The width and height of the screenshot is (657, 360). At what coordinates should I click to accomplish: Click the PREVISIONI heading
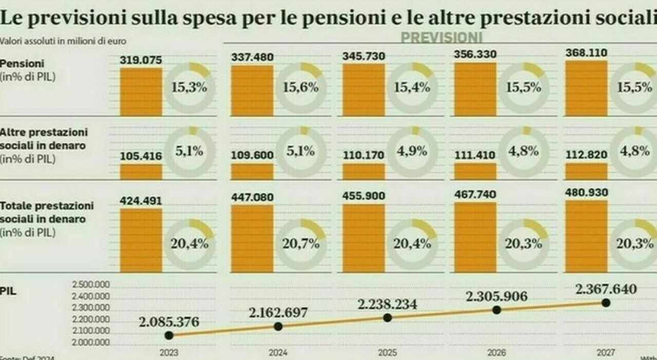tap(441, 38)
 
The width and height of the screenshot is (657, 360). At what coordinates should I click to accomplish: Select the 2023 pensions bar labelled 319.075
tap(141, 91)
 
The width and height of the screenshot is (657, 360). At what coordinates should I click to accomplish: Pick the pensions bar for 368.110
tap(586, 88)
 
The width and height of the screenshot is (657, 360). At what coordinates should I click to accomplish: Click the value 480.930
tap(586, 193)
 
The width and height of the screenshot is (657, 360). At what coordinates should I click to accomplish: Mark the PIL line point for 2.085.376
tap(169, 335)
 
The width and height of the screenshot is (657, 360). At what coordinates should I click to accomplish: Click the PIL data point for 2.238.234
tap(387, 318)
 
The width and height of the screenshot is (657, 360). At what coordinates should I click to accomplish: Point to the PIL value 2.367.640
tap(606, 289)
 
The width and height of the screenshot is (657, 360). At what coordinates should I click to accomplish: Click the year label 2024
tap(278, 353)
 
